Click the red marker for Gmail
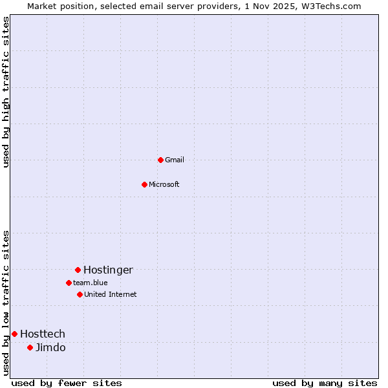click(x=160, y=160)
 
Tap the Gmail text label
click(x=175, y=160)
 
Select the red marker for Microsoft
click(x=144, y=184)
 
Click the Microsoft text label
click(x=164, y=185)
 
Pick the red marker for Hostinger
click(x=78, y=270)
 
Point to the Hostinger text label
click(x=108, y=270)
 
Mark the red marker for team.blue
click(x=69, y=283)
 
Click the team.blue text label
click(x=91, y=283)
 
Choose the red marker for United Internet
click(x=80, y=294)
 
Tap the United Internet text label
click(x=111, y=295)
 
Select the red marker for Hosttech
click(x=14, y=334)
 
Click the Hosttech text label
click(x=43, y=334)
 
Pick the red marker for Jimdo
click(x=30, y=347)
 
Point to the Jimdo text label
click(x=50, y=348)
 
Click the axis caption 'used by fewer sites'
click(x=67, y=383)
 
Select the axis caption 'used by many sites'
click(x=325, y=383)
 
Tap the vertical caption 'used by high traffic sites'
click(x=6, y=92)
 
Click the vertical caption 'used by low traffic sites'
click(x=6, y=303)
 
